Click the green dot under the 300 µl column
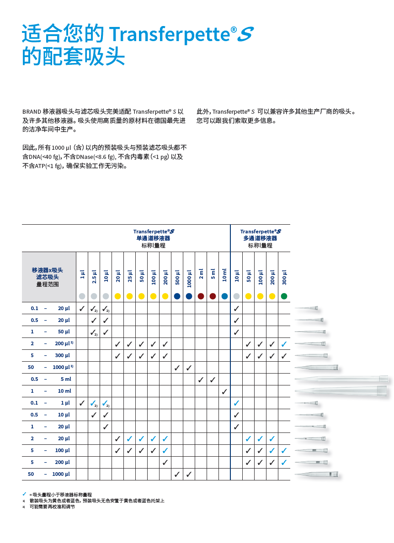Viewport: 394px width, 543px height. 284,296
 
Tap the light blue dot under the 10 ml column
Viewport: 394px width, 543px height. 224,296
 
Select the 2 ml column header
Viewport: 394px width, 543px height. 201,274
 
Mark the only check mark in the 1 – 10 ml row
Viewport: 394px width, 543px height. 224,391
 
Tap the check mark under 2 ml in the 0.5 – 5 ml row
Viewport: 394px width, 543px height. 201,380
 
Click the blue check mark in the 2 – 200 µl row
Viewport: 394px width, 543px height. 284,344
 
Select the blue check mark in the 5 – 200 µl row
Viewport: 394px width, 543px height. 284,463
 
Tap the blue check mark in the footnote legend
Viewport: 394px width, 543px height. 24,494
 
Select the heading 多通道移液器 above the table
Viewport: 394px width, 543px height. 260,238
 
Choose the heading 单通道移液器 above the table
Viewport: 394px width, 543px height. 153,238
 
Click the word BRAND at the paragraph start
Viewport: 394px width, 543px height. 32,111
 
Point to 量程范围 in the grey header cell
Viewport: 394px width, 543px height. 48,284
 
